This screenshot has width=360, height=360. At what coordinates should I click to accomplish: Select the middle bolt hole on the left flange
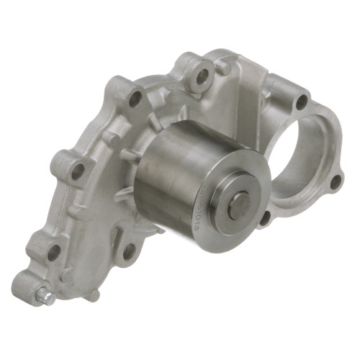(78, 171)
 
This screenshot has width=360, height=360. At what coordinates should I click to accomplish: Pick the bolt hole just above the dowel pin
(54, 251)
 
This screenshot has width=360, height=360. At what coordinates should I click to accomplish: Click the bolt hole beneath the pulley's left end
(130, 252)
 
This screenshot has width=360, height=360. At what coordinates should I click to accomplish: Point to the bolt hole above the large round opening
(301, 102)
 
